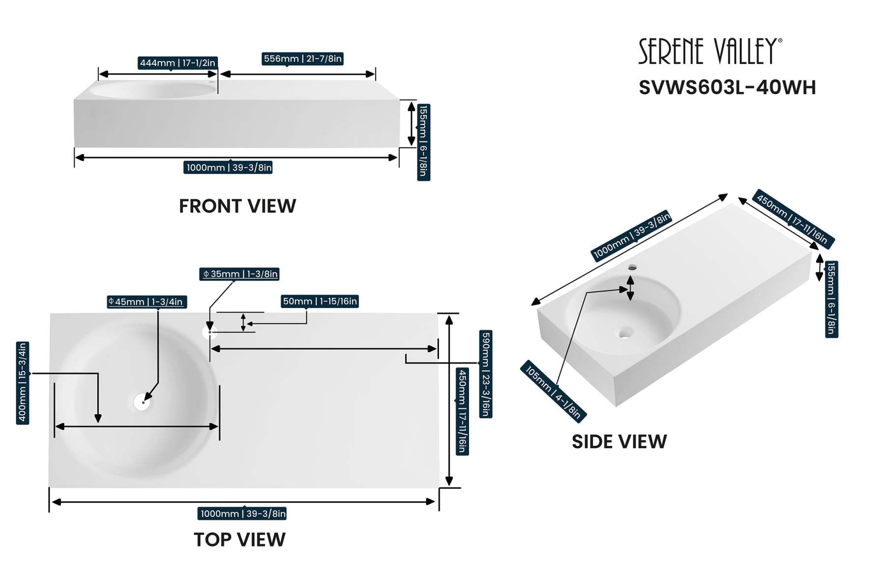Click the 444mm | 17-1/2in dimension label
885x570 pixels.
(177, 63)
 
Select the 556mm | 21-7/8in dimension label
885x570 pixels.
(302, 59)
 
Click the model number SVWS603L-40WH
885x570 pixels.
(727, 88)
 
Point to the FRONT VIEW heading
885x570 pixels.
(237, 206)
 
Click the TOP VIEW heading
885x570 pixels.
(239, 540)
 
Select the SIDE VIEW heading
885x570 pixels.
(619, 442)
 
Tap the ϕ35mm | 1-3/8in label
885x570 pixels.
(239, 274)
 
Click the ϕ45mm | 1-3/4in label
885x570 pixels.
(147, 302)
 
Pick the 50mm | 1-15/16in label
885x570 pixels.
(320, 301)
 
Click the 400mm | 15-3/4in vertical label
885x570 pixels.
(23, 383)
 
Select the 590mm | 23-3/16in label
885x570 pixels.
(485, 374)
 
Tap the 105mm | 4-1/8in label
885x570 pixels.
(553, 392)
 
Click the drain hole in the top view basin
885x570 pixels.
(142, 402)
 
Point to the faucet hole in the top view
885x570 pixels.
(209, 332)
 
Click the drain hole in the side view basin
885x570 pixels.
(624, 333)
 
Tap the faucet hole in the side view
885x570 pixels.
(633, 268)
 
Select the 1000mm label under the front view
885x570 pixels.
(229, 168)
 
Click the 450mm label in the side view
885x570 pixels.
(793, 219)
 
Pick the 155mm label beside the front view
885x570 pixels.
(423, 142)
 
